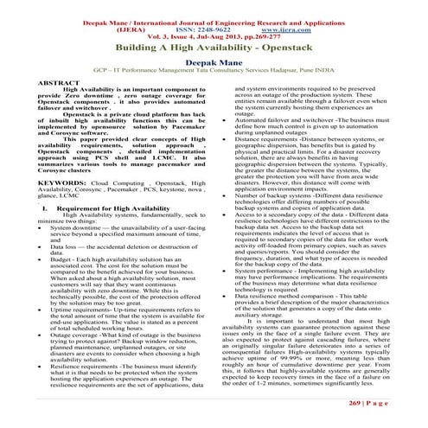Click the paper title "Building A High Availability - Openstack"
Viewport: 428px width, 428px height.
pyautogui.click(x=213, y=51)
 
